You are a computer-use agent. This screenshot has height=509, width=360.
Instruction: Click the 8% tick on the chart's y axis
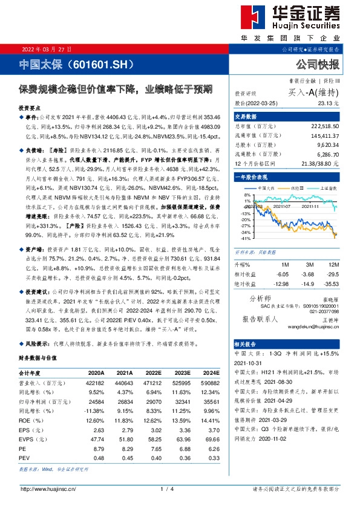(247, 195)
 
